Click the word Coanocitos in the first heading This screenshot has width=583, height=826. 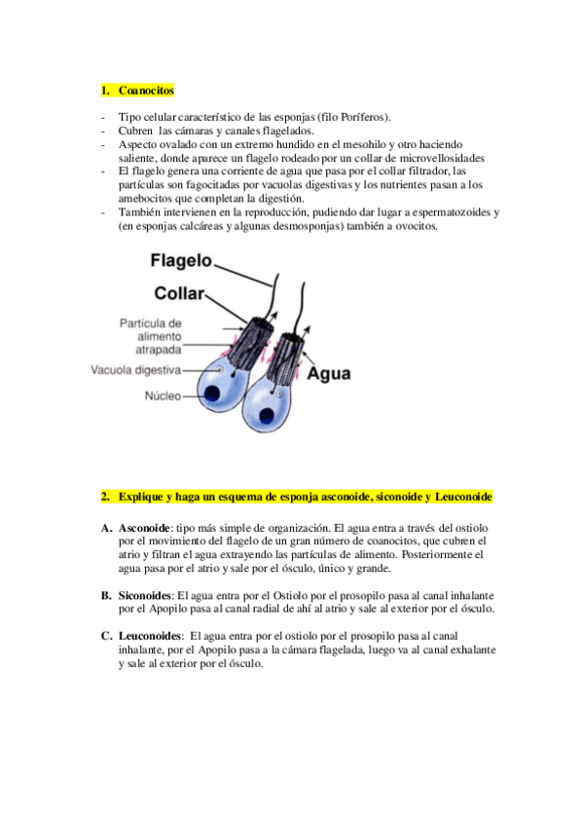point(145,91)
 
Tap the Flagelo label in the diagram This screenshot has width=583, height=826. point(181,262)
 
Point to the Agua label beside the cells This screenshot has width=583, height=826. point(330,372)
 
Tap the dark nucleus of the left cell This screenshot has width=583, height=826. point(210,393)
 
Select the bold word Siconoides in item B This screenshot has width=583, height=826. point(146,594)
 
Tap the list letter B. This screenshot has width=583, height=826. point(105,594)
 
